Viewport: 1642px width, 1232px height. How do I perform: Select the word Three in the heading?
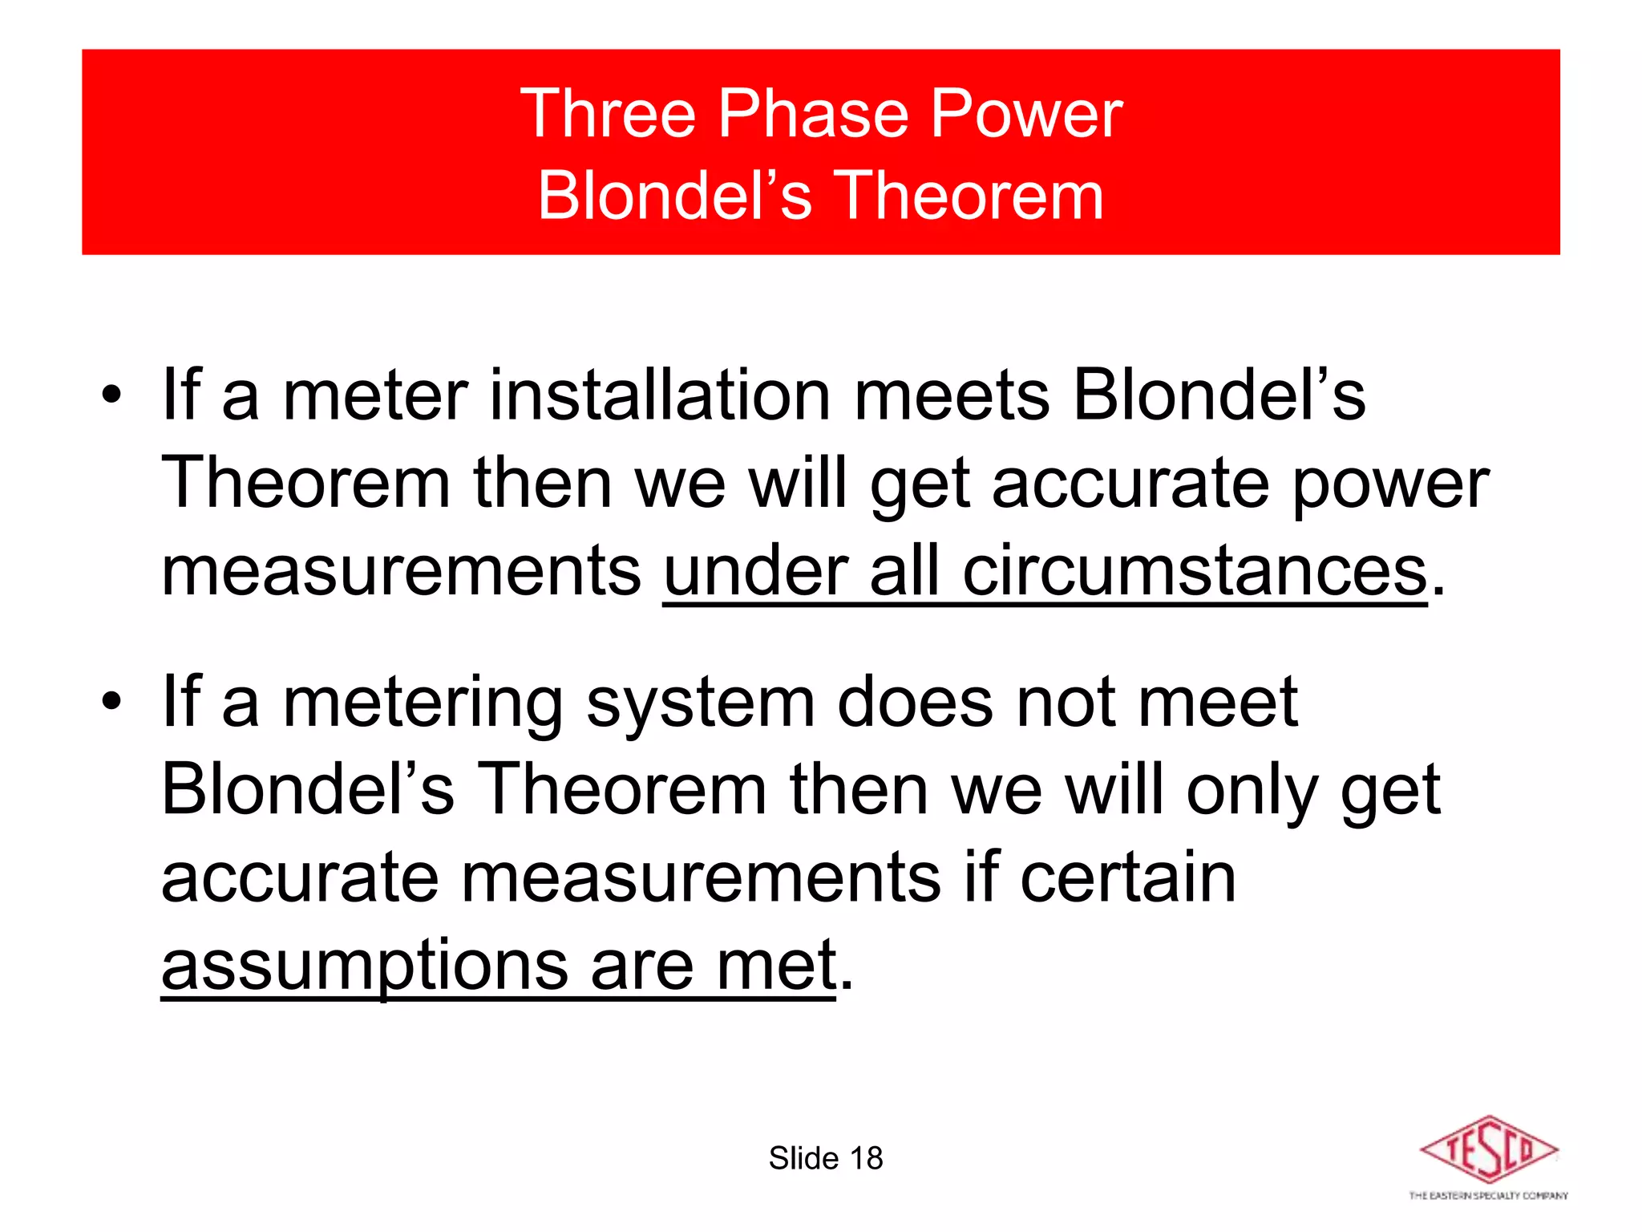608,115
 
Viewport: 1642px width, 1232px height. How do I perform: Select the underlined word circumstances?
1195,571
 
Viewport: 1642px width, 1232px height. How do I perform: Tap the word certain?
1127,877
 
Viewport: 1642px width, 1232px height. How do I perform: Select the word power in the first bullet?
1390,484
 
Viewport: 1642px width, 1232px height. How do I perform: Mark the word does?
915,702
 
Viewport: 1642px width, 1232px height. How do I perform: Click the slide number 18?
866,1158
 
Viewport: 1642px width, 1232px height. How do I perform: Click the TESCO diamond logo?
1488,1149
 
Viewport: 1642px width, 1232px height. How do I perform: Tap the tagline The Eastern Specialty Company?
1488,1196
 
